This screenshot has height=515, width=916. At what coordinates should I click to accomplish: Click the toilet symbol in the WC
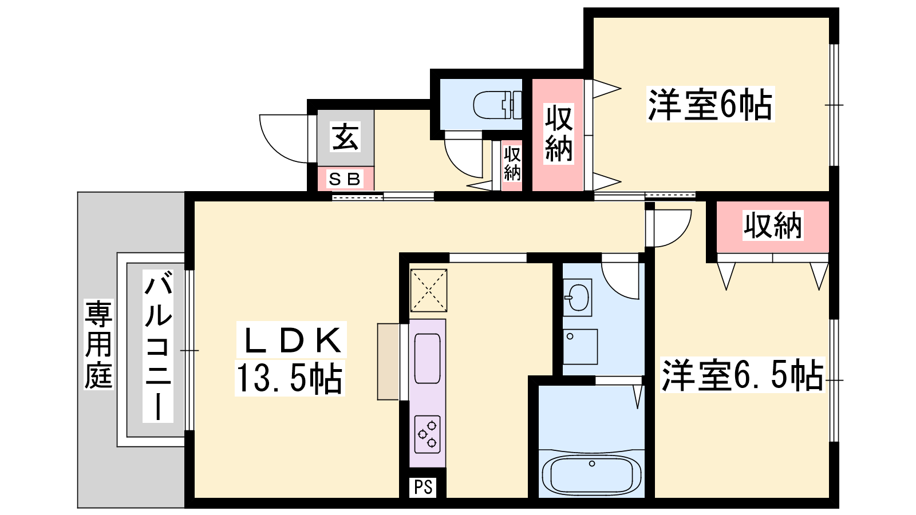(x=498, y=105)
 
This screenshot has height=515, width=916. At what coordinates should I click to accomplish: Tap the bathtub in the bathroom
(x=592, y=476)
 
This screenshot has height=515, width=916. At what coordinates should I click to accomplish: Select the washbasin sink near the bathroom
(x=578, y=298)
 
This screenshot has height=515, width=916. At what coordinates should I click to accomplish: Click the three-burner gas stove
(x=427, y=434)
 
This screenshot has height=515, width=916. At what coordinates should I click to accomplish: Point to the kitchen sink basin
(x=427, y=358)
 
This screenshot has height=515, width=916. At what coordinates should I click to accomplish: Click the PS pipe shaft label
(x=423, y=487)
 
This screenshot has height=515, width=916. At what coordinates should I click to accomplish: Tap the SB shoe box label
(x=344, y=179)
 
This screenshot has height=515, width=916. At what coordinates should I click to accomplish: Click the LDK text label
(x=291, y=340)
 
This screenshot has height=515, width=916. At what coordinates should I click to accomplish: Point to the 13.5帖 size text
(x=290, y=378)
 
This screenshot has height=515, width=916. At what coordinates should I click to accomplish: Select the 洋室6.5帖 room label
(x=743, y=375)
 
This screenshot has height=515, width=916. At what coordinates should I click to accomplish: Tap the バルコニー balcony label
(x=158, y=346)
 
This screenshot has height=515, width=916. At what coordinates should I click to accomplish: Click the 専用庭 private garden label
(x=98, y=344)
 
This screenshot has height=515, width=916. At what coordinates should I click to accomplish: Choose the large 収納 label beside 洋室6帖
(x=558, y=134)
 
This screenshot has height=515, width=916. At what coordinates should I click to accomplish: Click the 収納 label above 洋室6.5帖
(x=773, y=225)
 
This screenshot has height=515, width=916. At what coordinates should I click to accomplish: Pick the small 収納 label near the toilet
(x=512, y=164)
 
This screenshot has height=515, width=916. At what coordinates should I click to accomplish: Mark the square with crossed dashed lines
(x=429, y=290)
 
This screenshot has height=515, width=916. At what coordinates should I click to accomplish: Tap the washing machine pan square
(x=581, y=347)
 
